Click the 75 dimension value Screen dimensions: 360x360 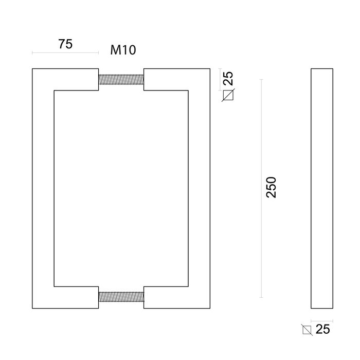[x=65, y=44]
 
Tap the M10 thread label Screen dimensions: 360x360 [x=123, y=50]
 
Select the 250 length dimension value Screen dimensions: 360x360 [x=272, y=187]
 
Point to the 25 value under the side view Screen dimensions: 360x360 [x=322, y=330]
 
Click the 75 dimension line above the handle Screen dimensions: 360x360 [x=65, y=52]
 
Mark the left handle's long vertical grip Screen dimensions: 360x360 [x=43, y=188]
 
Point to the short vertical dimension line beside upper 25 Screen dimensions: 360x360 [x=220, y=79]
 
